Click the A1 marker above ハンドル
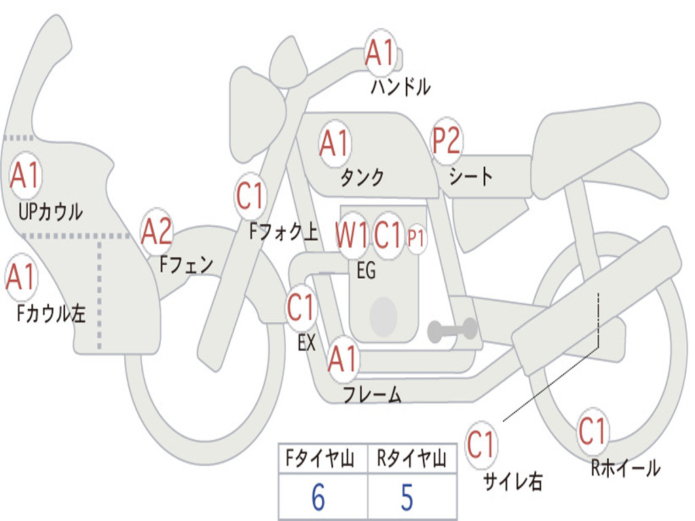380,52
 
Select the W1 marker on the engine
352,234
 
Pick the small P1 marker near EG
416,238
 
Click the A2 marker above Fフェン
157,232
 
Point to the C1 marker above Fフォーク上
250,196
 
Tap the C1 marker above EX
301,307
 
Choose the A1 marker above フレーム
343,358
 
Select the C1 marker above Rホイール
593,431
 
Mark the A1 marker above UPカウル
26,176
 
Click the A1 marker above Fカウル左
21,277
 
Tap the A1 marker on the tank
335,143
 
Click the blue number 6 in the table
318,497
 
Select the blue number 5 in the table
407,497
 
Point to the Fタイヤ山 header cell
323,459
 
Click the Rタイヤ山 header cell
412,459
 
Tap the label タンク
362,177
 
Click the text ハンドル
400,86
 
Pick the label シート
470,176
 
